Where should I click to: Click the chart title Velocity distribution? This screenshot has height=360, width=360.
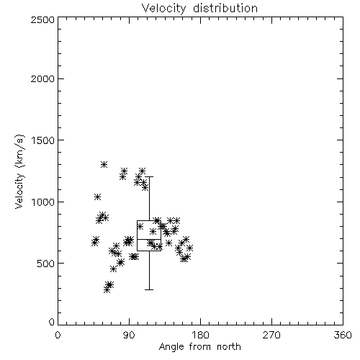(199, 8)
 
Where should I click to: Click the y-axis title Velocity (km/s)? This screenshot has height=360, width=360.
(19, 171)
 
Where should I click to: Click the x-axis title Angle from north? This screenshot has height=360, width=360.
(199, 347)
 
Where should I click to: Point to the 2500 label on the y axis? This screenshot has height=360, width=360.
(42, 19)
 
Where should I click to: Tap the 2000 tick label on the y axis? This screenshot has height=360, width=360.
(42, 78)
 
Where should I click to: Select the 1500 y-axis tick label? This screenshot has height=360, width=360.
(43, 140)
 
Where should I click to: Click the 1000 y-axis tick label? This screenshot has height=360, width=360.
(43, 202)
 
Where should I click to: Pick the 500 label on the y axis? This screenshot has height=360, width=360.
(46, 264)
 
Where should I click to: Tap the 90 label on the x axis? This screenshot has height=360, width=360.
(129, 335)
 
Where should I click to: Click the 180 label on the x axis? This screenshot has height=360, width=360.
(200, 335)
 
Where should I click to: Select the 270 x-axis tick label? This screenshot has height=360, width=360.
(271, 335)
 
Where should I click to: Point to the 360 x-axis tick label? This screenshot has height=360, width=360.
(343, 335)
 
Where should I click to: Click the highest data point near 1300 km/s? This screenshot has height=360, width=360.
(104, 165)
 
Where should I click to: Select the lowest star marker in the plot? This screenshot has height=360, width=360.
(107, 290)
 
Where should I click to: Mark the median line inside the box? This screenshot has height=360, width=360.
(149, 239)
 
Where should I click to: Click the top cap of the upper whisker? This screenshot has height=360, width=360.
(149, 177)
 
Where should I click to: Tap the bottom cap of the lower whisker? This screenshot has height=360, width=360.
(149, 289)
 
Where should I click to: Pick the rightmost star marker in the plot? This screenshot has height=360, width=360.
(189, 248)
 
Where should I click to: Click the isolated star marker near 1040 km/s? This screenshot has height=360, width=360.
(97, 197)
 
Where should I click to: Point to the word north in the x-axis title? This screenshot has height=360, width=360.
(229, 347)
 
